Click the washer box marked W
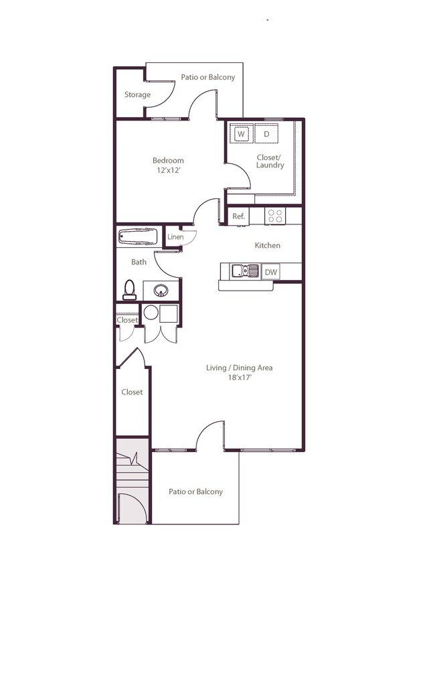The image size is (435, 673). pyautogui.click(x=240, y=134)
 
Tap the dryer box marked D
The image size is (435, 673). pyautogui.click(x=266, y=134)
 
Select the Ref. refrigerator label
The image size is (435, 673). pyautogui.click(x=238, y=216)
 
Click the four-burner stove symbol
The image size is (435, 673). pyautogui.click(x=275, y=216)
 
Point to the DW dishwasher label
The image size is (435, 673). pyautogui.click(x=270, y=272)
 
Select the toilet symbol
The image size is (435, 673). pyautogui.click(x=130, y=289)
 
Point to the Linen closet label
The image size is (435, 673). pyautogui.click(x=175, y=237)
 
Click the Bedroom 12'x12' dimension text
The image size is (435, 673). pyautogui.click(x=168, y=170)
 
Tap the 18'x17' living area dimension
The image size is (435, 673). pyautogui.click(x=239, y=378)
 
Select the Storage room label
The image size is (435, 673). pyautogui.click(x=137, y=95)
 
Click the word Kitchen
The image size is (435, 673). pyautogui.click(x=267, y=246)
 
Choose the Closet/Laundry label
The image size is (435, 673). pyautogui.click(x=270, y=161)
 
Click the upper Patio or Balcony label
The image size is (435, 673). pyautogui.click(x=208, y=77)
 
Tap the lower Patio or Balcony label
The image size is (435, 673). pyautogui.click(x=195, y=492)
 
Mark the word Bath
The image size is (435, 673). pyautogui.click(x=139, y=262)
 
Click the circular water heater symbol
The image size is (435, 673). pyautogui.click(x=151, y=313)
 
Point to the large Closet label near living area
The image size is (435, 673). pyautogui.click(x=132, y=392)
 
